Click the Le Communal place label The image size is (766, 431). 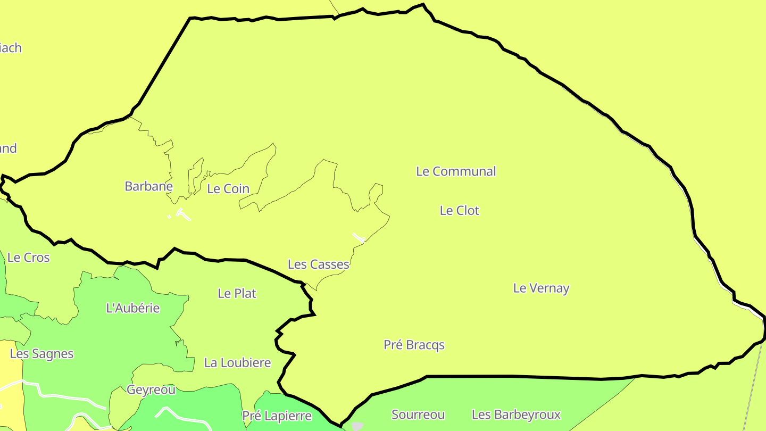coord(456,171)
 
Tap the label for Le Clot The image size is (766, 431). coord(459,211)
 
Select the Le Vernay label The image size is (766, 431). coord(541,288)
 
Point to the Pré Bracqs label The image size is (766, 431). coord(414,345)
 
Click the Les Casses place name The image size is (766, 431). coord(318,264)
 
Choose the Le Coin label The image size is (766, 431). coord(228,189)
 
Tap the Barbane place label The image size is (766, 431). coord(148,187)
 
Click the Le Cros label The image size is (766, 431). coord(28,258)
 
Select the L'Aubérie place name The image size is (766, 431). coord(133,308)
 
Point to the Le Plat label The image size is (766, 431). coord(237,293)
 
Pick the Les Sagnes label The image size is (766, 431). coord(41,354)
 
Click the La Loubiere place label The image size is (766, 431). coord(237,363)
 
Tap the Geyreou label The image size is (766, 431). coord(151,390)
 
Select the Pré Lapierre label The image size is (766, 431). coord(277,416)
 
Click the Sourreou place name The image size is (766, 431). coord(418,415)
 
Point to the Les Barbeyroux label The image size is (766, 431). coord(516,415)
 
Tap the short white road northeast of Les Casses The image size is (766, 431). coord(359,237)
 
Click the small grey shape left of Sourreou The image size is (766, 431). coord(357,426)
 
